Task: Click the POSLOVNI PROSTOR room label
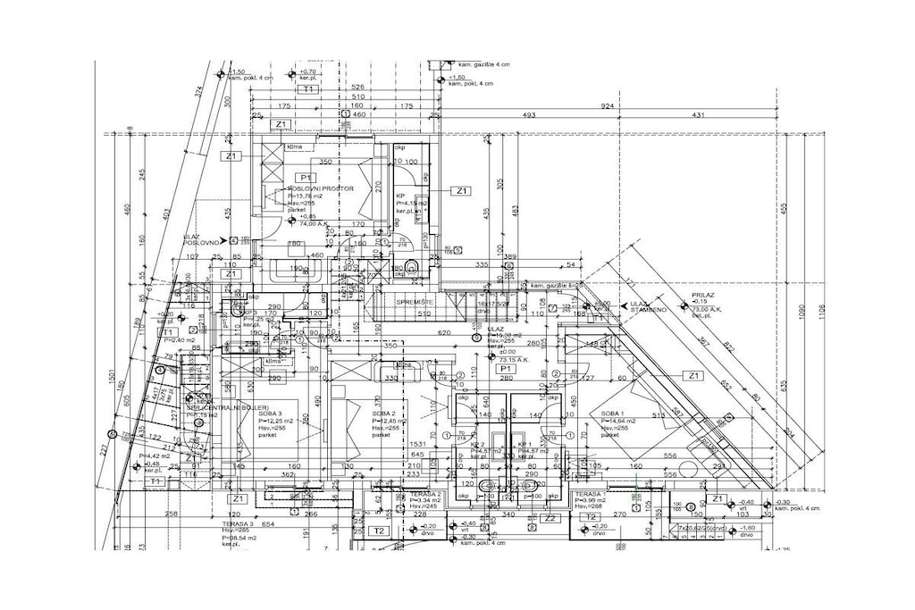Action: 323,189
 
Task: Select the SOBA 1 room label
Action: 611,414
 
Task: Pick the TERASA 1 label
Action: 591,494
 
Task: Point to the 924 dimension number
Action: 608,105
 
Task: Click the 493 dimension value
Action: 528,115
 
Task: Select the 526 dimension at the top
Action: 357,87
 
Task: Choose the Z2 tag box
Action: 550,517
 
